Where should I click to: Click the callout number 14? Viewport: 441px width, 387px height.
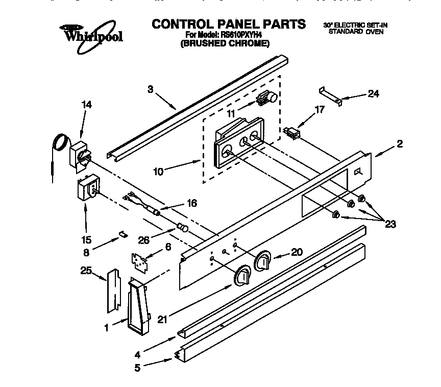[x=87, y=105]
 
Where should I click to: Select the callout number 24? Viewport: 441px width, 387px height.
[x=374, y=94]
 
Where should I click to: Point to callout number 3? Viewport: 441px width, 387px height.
[x=150, y=89]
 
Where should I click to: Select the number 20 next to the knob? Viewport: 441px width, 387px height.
[x=296, y=251]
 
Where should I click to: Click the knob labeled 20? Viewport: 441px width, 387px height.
[x=263, y=260]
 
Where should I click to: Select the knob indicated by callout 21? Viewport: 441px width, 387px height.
[x=242, y=276]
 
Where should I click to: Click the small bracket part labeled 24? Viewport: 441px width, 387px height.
[x=329, y=94]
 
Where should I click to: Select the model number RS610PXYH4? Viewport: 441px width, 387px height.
[x=240, y=35]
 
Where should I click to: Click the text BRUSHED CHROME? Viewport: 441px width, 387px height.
[x=225, y=43]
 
